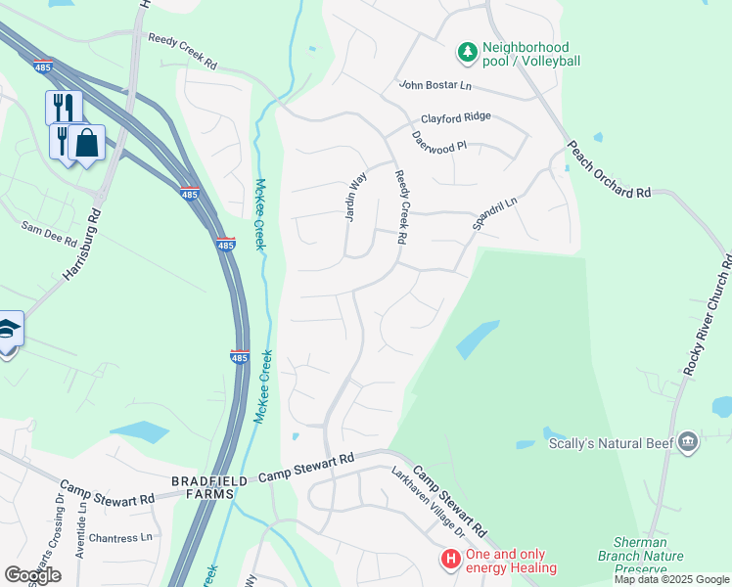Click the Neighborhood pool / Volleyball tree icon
[x=468, y=50]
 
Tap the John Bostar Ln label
[x=435, y=86]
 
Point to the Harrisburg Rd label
[x=82, y=245]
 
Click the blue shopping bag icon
[x=86, y=143]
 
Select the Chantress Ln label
[x=121, y=537]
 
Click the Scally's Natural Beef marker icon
[x=688, y=443]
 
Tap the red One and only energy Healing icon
[x=450, y=561]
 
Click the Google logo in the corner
[x=32, y=575]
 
